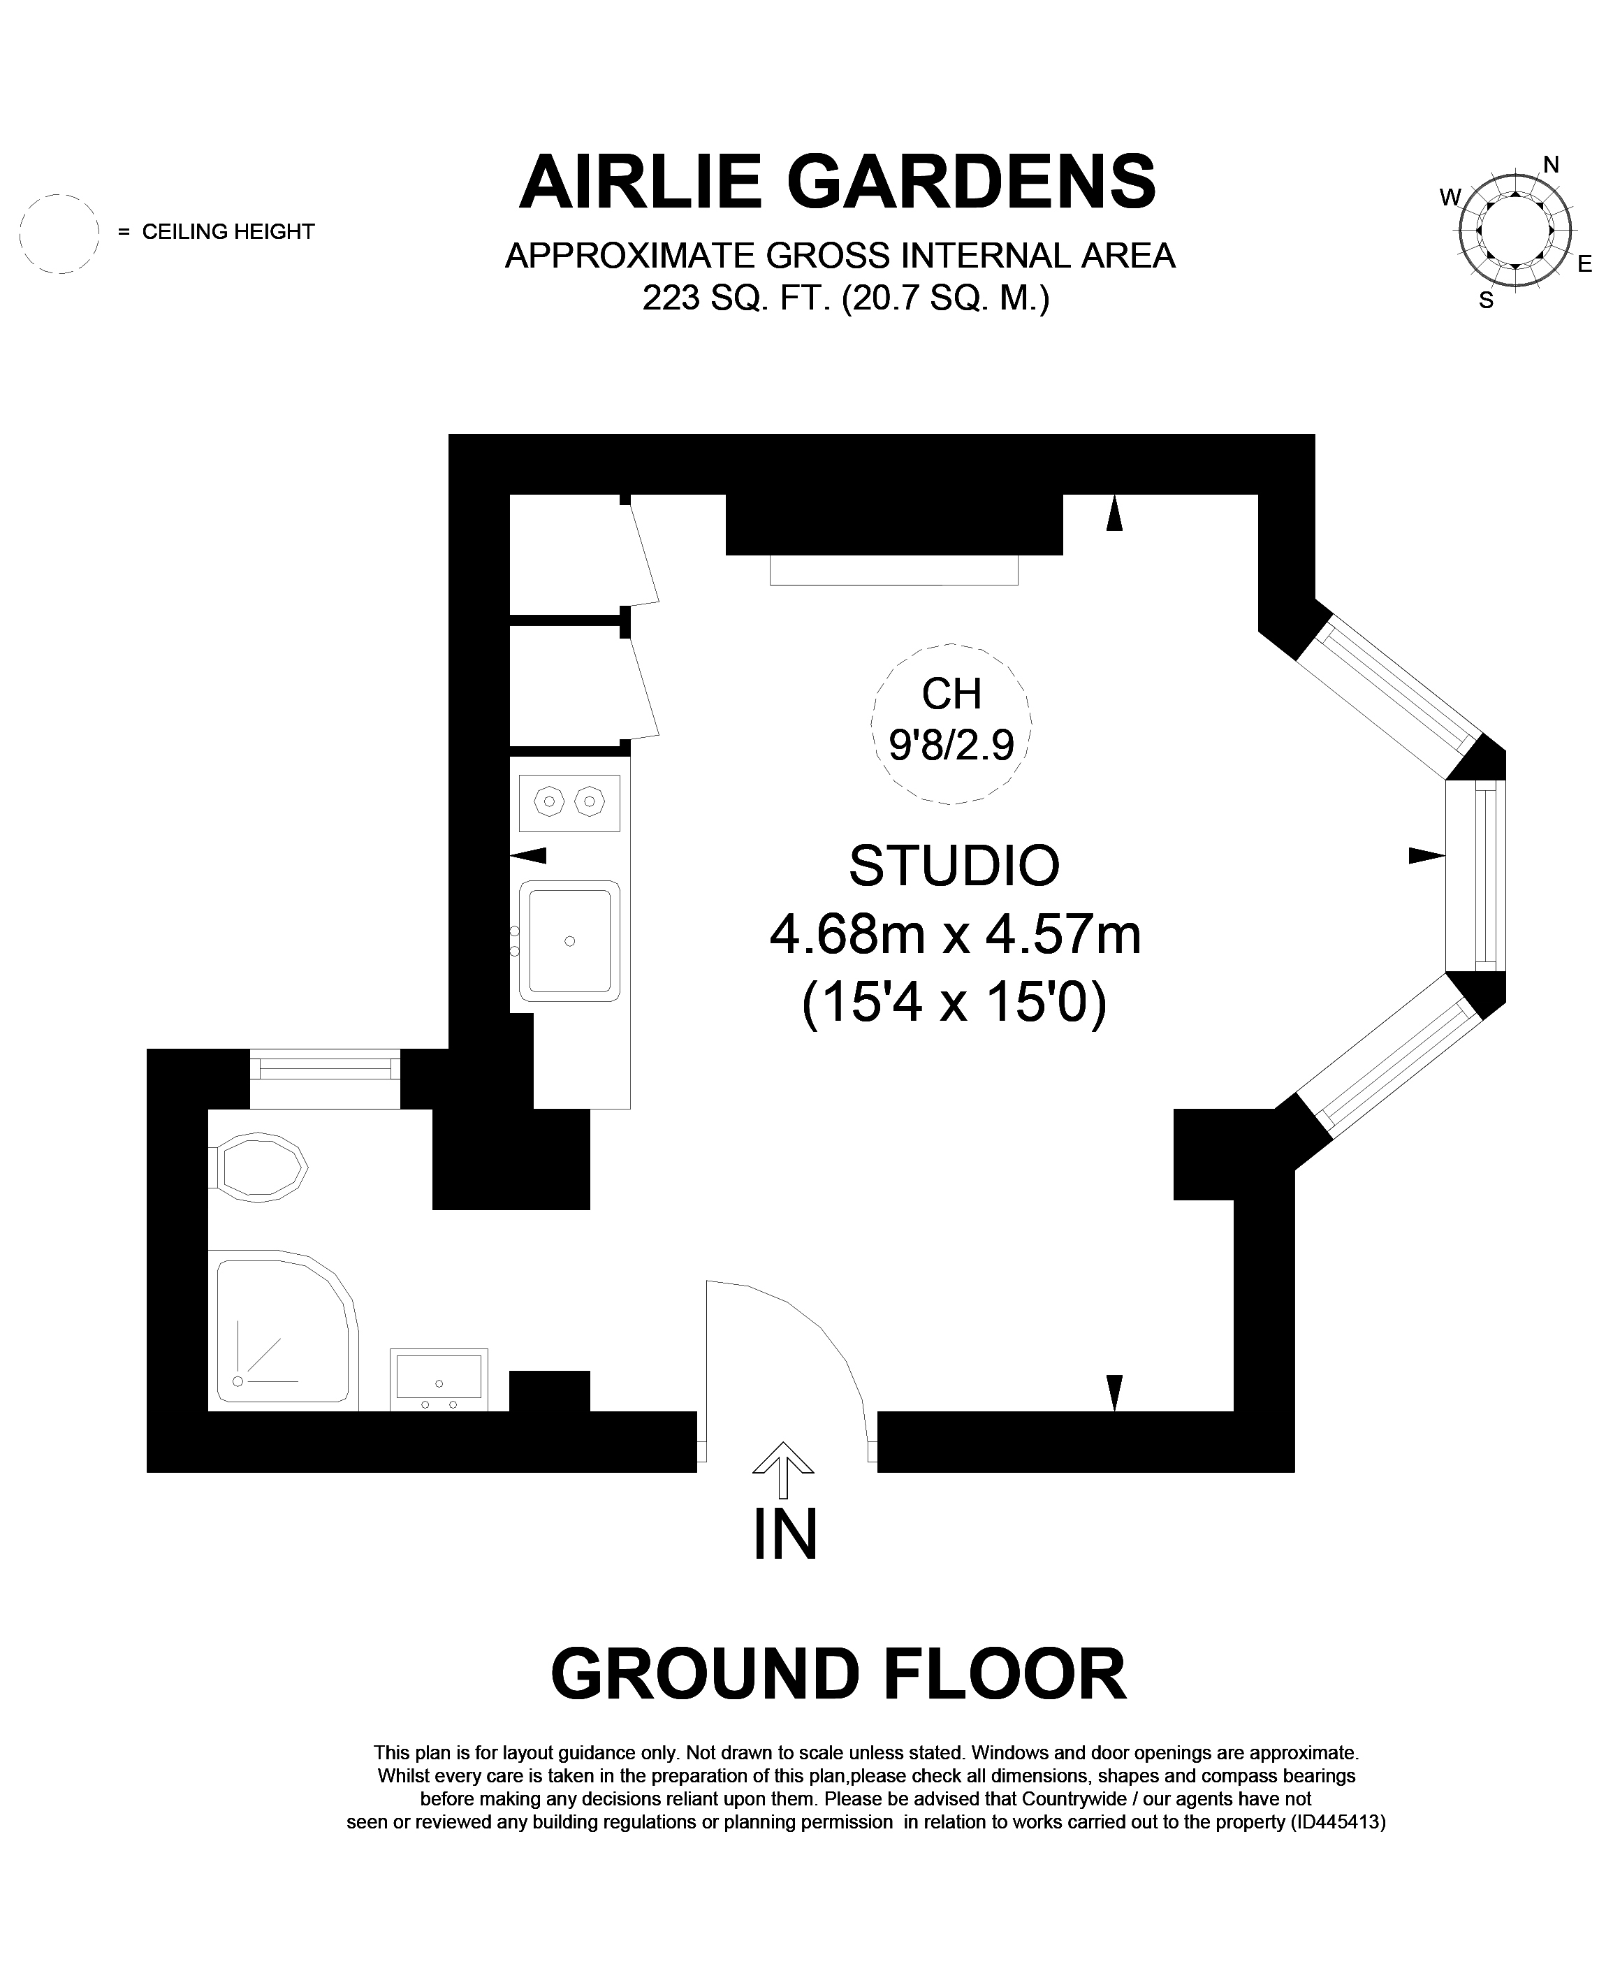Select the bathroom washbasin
439,1379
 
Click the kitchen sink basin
569,940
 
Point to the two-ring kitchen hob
569,803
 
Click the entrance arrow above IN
783,1470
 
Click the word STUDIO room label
954,865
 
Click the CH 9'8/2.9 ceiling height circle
951,723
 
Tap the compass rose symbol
1515,231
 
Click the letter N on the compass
1551,164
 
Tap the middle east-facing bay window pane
1475,874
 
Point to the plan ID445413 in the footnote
1338,1822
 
